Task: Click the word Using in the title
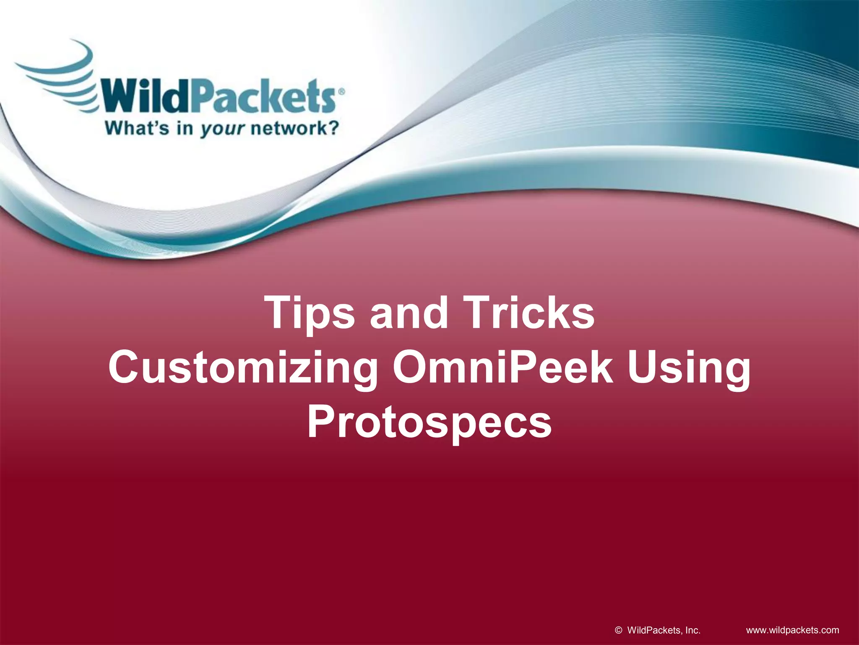[x=688, y=368]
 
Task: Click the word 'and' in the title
[x=409, y=313]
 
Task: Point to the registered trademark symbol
[x=341, y=91]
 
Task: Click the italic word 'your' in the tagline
[x=221, y=129]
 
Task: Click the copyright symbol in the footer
[x=618, y=630]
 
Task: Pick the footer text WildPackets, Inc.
[x=664, y=630]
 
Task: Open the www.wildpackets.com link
[x=793, y=630]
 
